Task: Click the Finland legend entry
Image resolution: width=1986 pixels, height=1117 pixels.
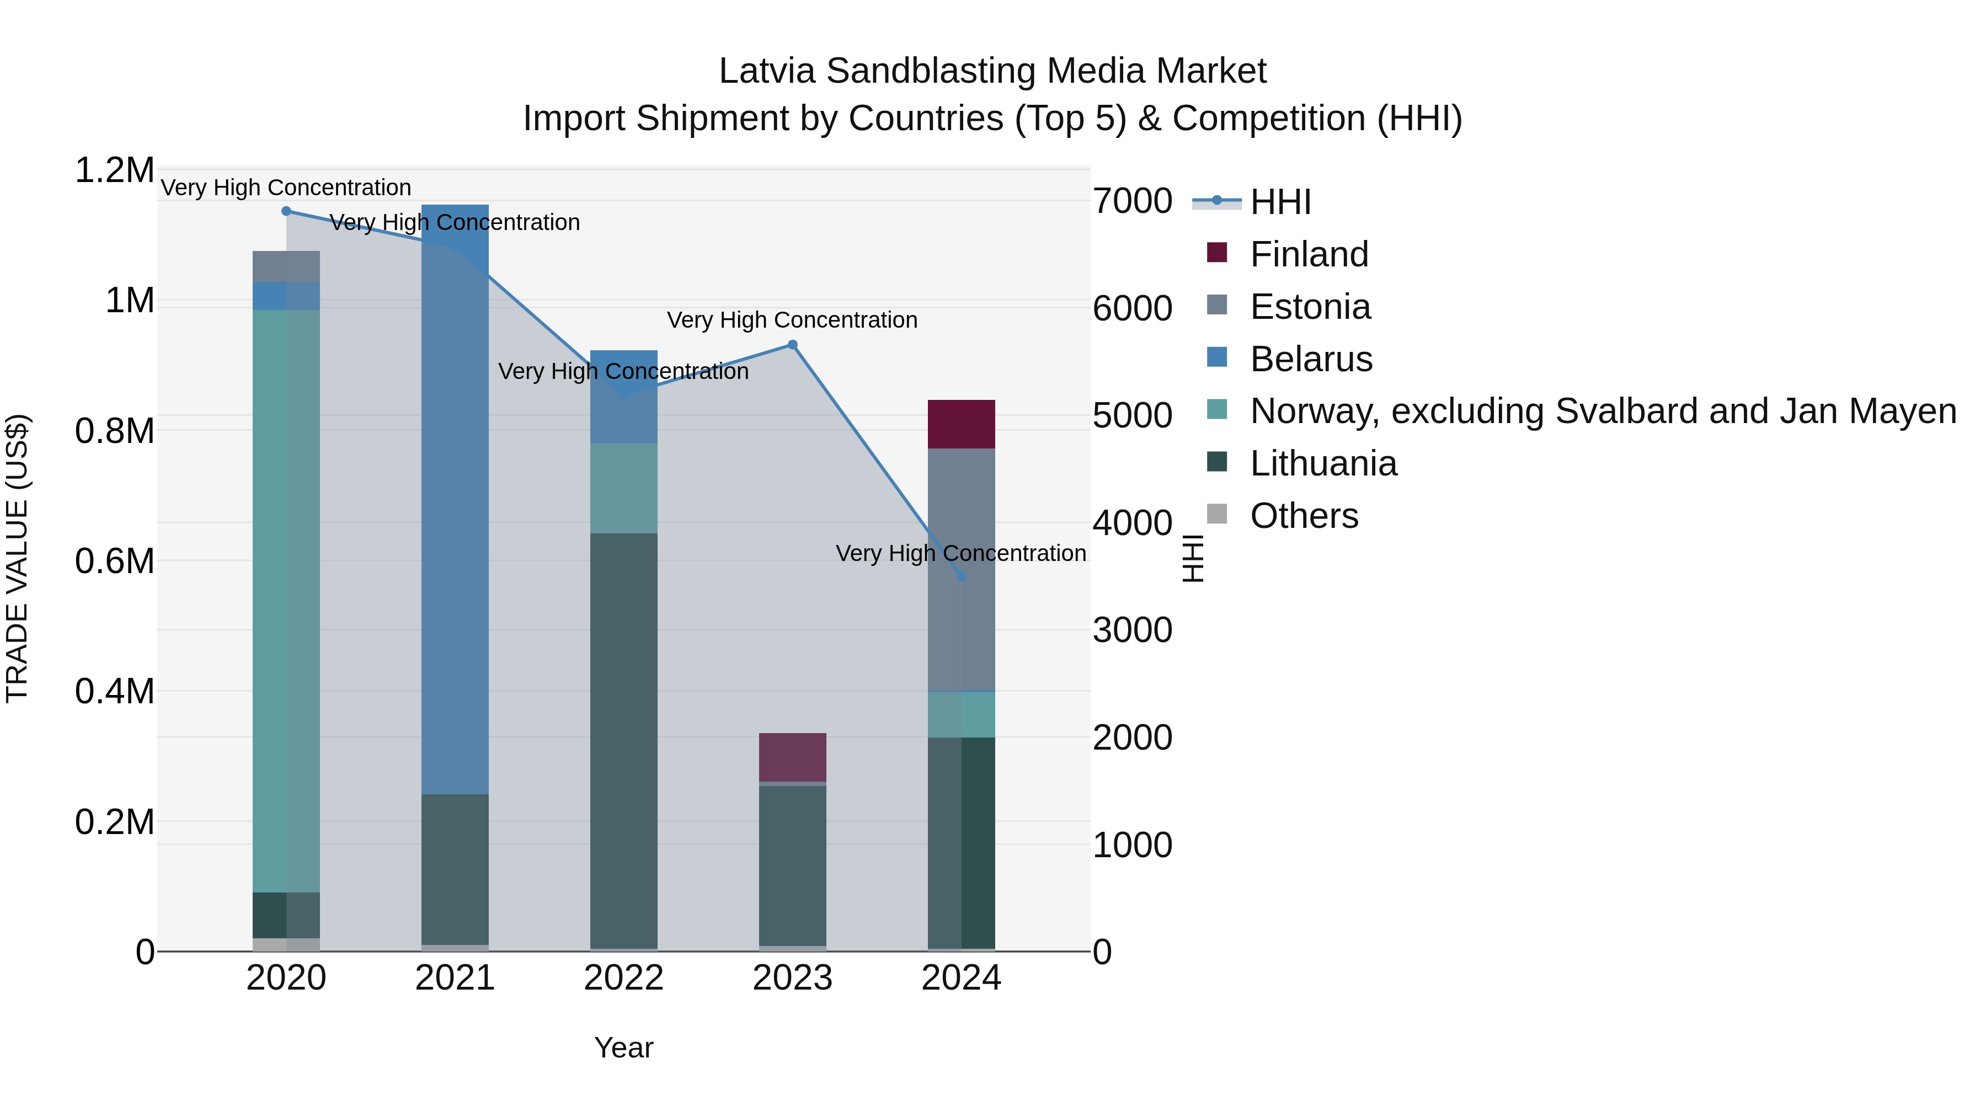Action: [x=1309, y=254]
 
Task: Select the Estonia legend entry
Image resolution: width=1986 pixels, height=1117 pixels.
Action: [x=1310, y=307]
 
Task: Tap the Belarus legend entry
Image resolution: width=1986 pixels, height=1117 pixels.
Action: [x=1311, y=359]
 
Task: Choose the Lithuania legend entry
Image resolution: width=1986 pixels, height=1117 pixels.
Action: [x=1323, y=464]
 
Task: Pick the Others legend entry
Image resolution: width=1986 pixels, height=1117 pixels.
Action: [x=1304, y=516]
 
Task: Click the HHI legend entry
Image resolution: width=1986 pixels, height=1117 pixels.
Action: [x=1280, y=202]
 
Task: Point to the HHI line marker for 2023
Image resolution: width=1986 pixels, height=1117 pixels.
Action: [x=793, y=345]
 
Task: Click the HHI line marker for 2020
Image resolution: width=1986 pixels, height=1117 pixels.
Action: [x=286, y=211]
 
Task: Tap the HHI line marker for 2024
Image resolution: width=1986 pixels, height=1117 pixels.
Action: [x=962, y=576]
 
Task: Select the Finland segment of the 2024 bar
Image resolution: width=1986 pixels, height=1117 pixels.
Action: [x=962, y=424]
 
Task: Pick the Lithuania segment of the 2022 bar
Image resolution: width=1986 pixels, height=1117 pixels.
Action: [x=624, y=740]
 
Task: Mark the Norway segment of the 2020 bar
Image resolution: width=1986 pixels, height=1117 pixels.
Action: [x=286, y=601]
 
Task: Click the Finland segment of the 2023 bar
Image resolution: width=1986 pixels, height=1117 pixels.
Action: [x=793, y=757]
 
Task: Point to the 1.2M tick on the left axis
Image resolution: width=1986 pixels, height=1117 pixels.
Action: [x=114, y=170]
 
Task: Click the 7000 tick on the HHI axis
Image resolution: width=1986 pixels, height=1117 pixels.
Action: [x=1133, y=201]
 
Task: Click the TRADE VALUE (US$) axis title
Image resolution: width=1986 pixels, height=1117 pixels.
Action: [x=17, y=558]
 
